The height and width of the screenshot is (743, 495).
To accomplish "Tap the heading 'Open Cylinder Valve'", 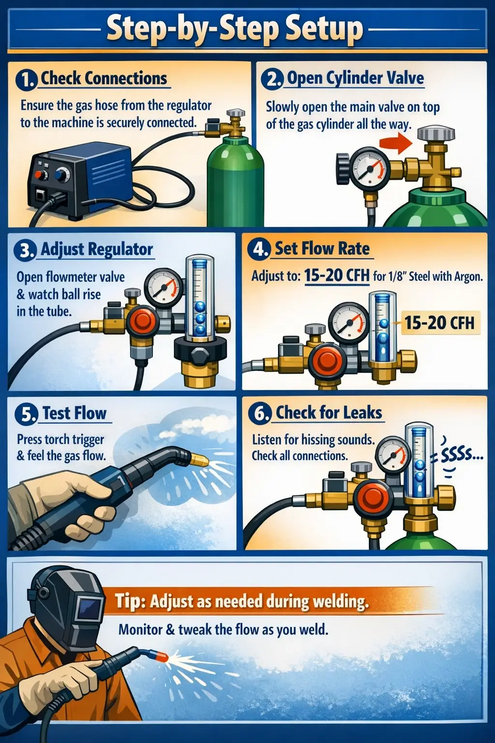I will click(355, 78).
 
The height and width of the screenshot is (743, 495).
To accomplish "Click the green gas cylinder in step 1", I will click(235, 184).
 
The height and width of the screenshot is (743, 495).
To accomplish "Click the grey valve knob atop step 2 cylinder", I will click(436, 134).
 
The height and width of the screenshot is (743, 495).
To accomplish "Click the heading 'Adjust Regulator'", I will click(97, 250).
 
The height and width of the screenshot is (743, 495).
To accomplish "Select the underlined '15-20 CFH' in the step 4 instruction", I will click(336, 276).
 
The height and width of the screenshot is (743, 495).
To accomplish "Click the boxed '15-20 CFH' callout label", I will click(439, 323).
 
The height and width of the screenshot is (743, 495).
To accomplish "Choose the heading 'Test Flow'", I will click(74, 414).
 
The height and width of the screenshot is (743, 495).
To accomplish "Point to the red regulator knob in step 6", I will click(372, 499).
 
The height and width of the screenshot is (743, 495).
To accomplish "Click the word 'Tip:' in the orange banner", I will click(130, 601).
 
